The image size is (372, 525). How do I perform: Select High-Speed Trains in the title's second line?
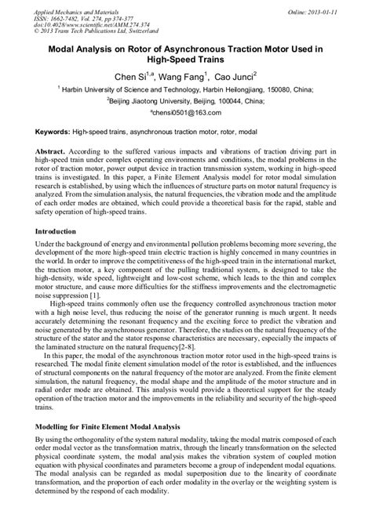(185, 61)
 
